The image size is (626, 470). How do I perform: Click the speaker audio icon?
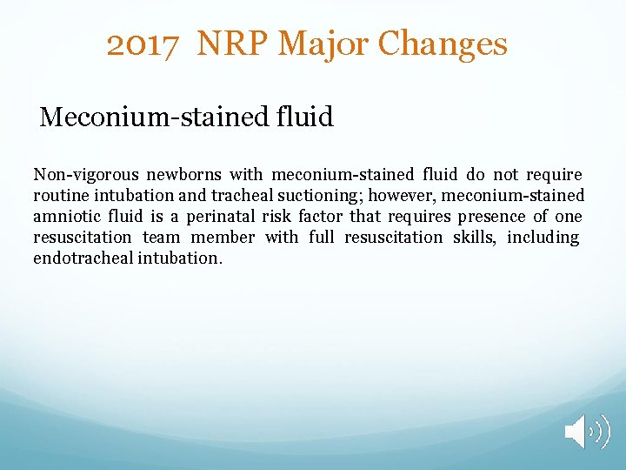pyautogui.click(x=587, y=432)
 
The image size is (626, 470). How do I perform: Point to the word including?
pyautogui.click(x=543, y=238)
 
